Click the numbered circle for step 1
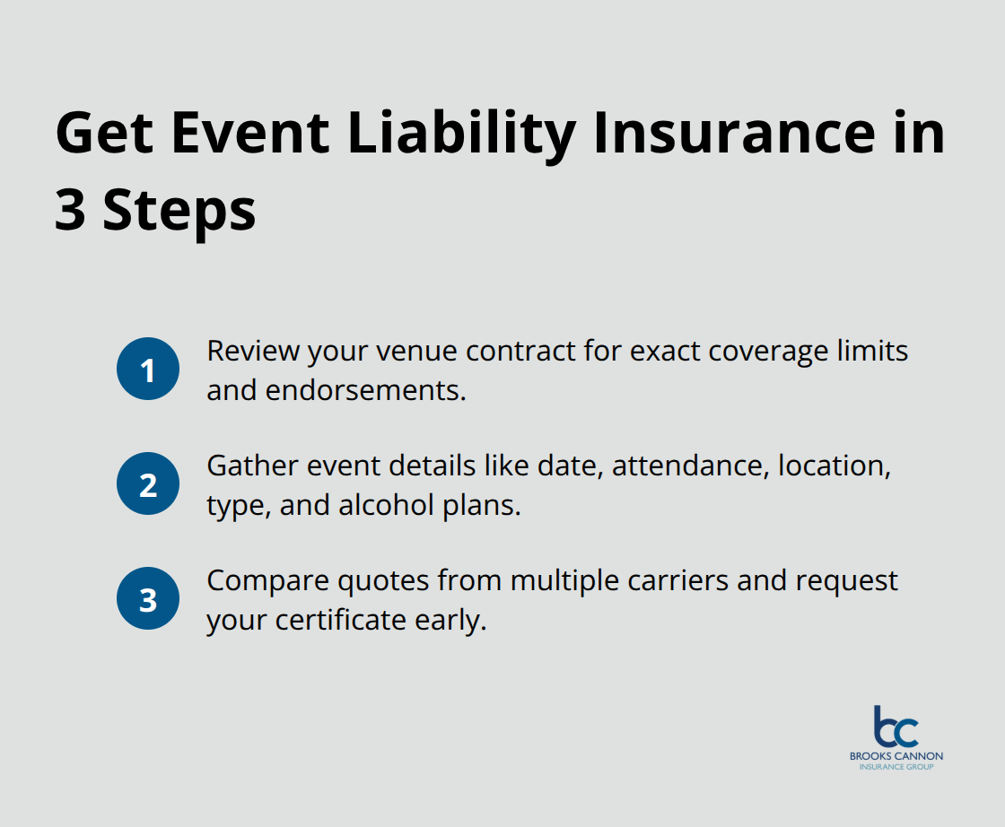[148, 369]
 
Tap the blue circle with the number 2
[148, 484]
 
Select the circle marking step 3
[148, 599]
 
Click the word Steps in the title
[179, 212]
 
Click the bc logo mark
[895, 727]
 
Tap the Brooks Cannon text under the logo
[896, 756]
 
